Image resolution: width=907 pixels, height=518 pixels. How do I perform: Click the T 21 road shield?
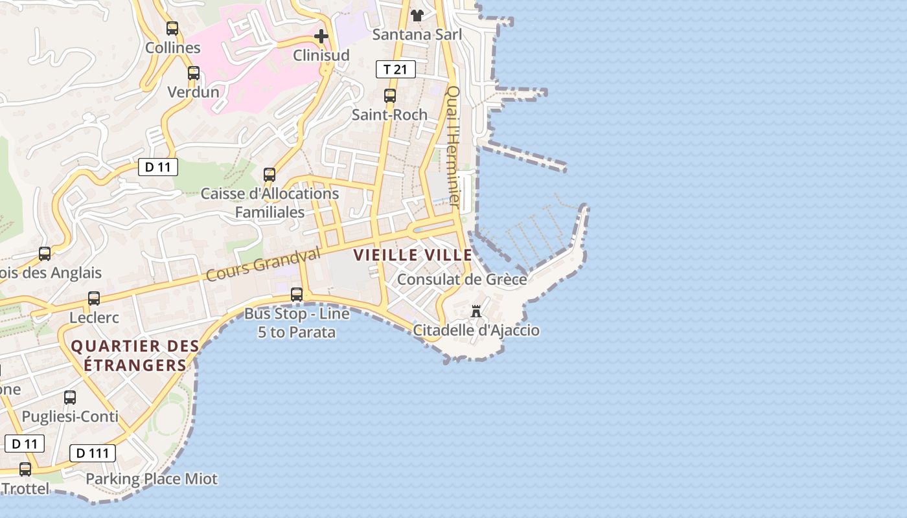(x=395, y=69)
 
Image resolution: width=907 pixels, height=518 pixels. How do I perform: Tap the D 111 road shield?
(x=92, y=453)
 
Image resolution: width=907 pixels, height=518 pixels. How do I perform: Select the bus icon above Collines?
(x=172, y=28)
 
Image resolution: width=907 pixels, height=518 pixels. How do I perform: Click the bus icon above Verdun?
(x=194, y=73)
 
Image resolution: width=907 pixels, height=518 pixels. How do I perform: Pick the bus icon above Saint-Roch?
(x=390, y=96)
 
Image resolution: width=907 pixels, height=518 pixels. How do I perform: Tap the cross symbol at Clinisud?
(x=321, y=36)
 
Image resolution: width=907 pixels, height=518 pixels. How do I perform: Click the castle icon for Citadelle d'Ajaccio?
(x=476, y=311)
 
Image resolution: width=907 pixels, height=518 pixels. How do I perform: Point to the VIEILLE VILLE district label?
(x=413, y=255)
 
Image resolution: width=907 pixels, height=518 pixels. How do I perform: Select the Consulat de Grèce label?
(x=462, y=280)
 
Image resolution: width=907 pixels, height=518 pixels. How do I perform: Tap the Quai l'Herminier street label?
(x=454, y=148)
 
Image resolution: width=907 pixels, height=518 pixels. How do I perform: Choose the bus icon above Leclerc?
(x=94, y=298)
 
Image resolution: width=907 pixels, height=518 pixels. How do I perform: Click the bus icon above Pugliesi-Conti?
(x=70, y=398)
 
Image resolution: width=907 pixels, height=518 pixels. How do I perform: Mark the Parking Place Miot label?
(x=152, y=479)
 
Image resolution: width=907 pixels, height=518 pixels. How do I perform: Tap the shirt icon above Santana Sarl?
(x=417, y=15)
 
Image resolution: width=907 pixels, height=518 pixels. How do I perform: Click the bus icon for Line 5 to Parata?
(x=297, y=295)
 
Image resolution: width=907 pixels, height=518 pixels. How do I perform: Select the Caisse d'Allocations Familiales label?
(x=270, y=203)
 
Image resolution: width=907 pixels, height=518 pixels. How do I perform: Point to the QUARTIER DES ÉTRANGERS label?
(x=135, y=355)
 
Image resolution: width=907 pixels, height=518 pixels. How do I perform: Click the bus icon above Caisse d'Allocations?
(x=270, y=175)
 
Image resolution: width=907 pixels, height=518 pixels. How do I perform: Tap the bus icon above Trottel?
(x=25, y=469)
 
